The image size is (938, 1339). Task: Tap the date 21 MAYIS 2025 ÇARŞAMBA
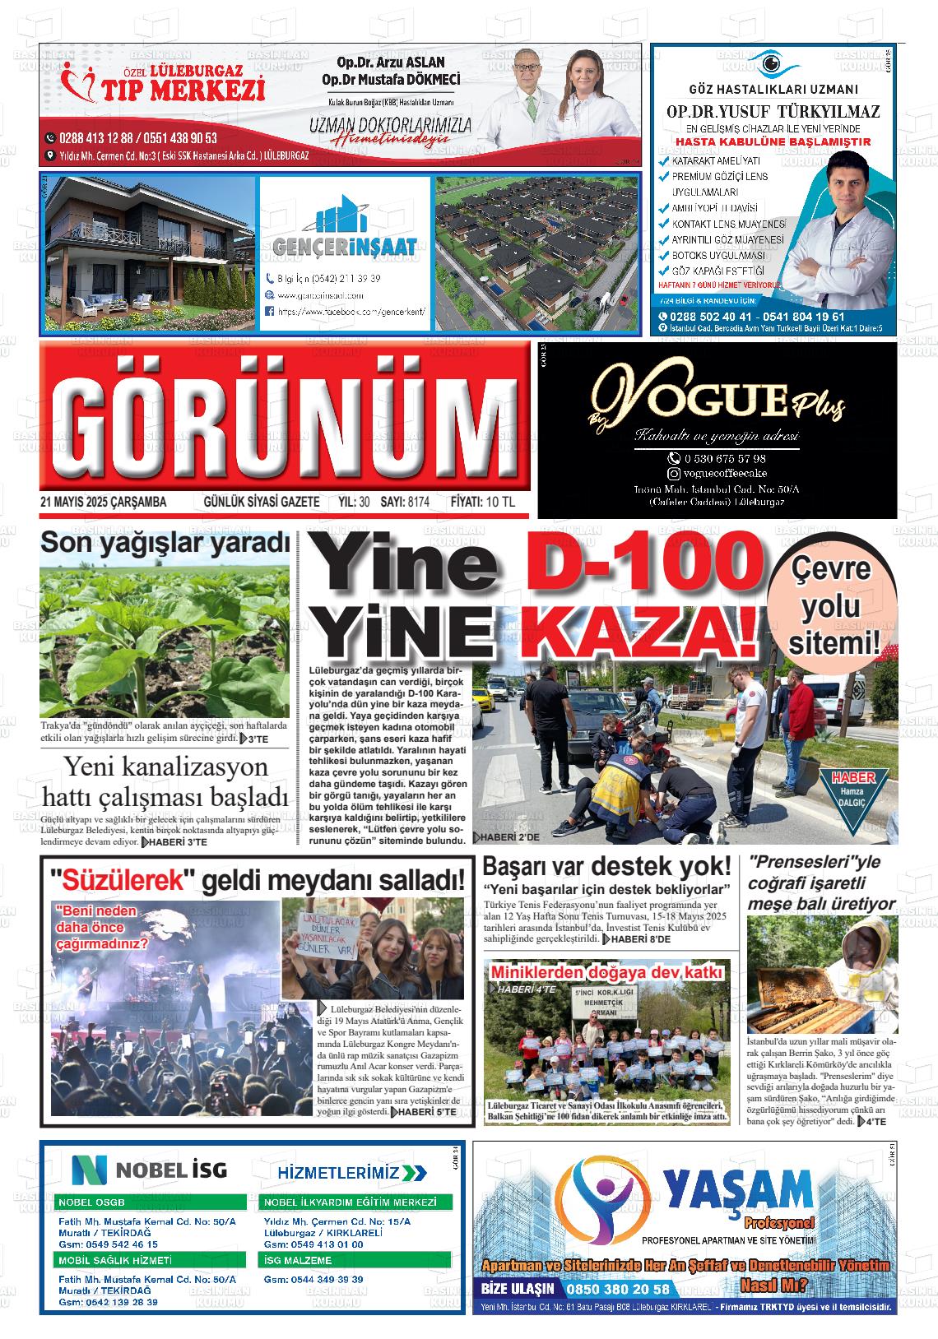coord(103,502)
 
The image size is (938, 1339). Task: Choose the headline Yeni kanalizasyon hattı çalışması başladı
coord(165,782)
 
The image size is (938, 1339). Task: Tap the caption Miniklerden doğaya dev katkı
coord(606,973)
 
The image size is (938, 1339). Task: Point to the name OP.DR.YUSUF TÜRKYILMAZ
coord(773,112)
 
